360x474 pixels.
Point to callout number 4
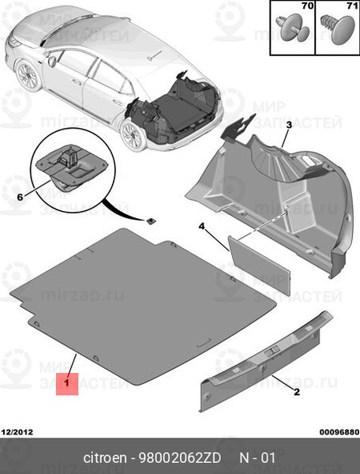click(x=201, y=227)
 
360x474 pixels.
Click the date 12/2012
click(x=17, y=432)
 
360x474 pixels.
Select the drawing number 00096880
click(x=337, y=432)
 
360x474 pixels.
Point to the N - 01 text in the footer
click(x=258, y=459)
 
